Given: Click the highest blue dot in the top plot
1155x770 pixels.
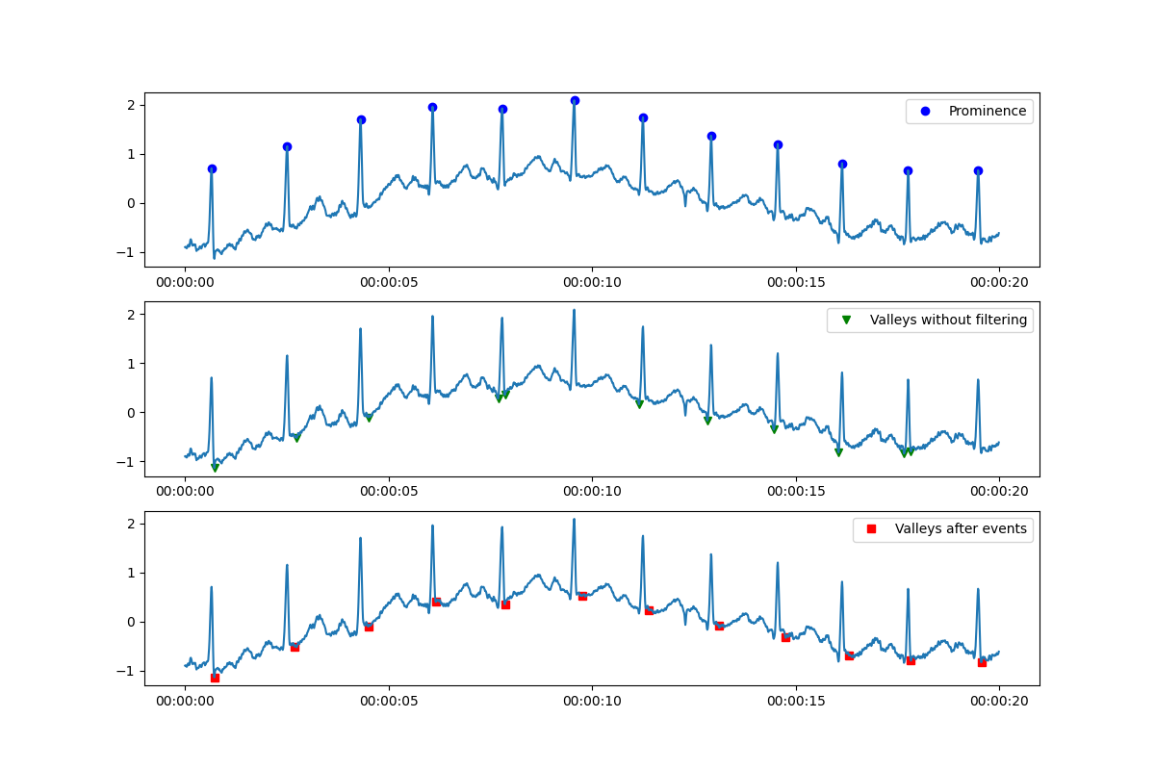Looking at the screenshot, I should (x=575, y=101).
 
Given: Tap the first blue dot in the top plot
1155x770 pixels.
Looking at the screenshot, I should (x=212, y=168).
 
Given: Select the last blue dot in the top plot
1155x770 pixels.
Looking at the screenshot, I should (x=978, y=170).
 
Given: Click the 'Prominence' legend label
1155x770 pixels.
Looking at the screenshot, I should (x=988, y=112).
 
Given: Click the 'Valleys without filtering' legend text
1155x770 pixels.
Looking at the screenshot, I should (x=948, y=321).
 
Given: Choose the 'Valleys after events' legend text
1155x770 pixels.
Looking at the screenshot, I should (x=961, y=528).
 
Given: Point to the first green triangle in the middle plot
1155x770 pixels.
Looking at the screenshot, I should (x=215, y=468).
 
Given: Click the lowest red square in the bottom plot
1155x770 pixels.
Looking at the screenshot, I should (x=215, y=678).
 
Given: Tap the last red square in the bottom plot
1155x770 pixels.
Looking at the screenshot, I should (x=982, y=662).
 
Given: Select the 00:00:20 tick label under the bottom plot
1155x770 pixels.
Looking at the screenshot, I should (x=999, y=703).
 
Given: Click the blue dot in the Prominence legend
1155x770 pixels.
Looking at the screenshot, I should (x=925, y=112).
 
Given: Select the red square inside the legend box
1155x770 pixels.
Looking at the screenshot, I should (x=872, y=528).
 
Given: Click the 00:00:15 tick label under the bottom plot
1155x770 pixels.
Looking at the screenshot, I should (x=796, y=703).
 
